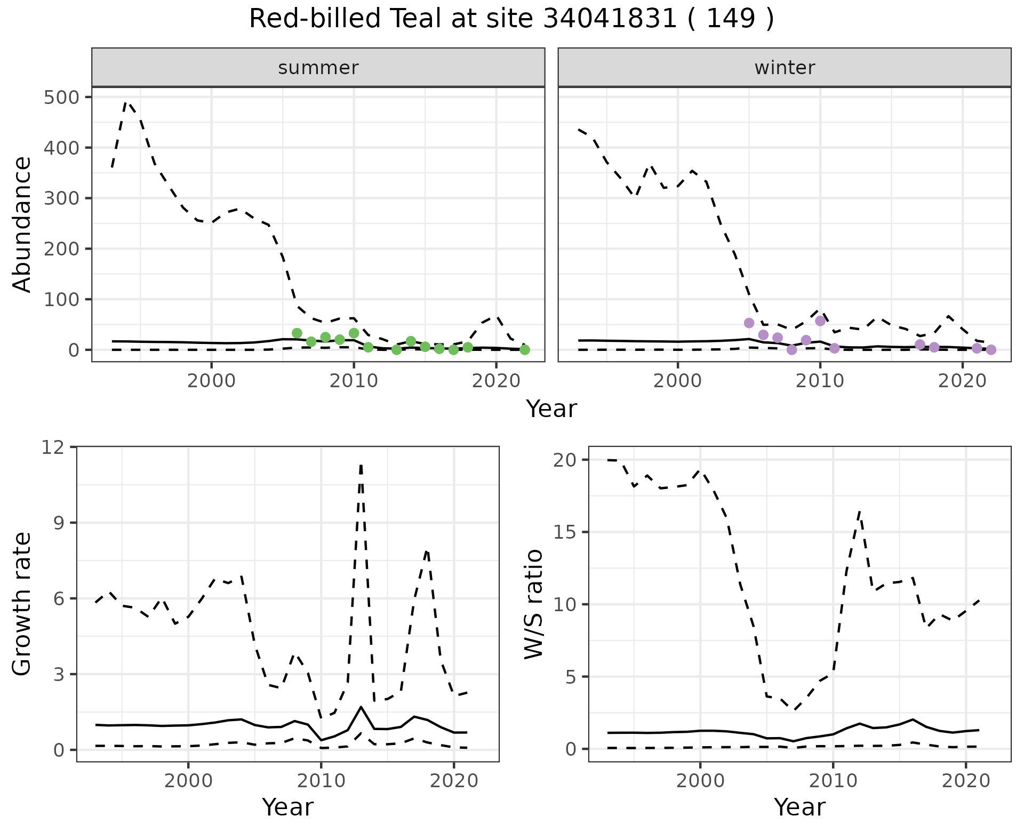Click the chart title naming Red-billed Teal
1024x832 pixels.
click(x=511, y=19)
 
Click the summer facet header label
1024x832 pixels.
click(x=318, y=68)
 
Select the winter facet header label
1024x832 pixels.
click(x=785, y=68)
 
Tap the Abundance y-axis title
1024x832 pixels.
click(x=22, y=225)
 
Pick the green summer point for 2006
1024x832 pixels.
click(x=297, y=333)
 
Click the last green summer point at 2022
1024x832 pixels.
click(x=525, y=350)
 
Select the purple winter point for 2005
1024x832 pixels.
click(x=749, y=323)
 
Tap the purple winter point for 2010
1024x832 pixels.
click(x=820, y=321)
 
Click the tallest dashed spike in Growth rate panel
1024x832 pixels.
click(x=361, y=465)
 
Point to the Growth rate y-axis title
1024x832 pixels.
click(x=22, y=604)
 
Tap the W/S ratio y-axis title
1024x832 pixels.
click(x=533, y=604)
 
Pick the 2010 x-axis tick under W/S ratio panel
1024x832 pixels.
click(x=833, y=781)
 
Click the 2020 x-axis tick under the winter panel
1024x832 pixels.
click(x=962, y=381)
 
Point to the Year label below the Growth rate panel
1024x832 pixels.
click(x=287, y=807)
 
